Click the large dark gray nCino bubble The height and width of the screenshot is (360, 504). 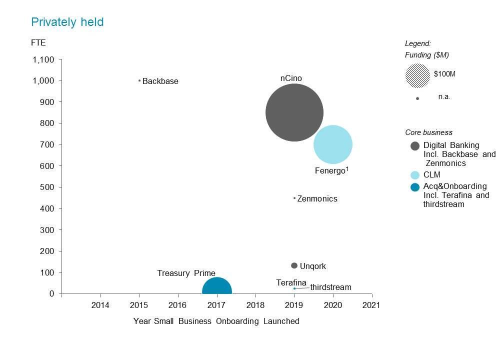pos(294,113)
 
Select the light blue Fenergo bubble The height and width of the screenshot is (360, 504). pos(332,144)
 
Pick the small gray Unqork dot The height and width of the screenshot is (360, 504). pos(294,265)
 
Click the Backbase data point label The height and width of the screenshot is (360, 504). pos(160,81)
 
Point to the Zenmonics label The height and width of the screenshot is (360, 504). pos(317,199)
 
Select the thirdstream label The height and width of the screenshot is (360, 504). pos(330,287)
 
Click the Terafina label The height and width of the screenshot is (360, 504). pos(291,283)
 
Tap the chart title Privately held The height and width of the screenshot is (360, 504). pos(67,22)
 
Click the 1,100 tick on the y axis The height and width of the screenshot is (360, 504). pos(43,60)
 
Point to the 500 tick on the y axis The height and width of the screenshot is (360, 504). pos(47,187)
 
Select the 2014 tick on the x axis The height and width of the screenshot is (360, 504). pos(100,305)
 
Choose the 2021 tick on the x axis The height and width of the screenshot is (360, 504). pos(371,305)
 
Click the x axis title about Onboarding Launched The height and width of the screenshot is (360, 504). pos(216,321)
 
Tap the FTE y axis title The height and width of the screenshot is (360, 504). pos(38,43)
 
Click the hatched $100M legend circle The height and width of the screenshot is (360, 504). pos(417,75)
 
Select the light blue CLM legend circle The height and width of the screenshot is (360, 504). pos(415,175)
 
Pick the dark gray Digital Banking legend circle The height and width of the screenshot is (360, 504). pos(415,146)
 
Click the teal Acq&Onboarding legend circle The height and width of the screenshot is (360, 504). pos(415,187)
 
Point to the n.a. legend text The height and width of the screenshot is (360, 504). pos(444,97)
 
